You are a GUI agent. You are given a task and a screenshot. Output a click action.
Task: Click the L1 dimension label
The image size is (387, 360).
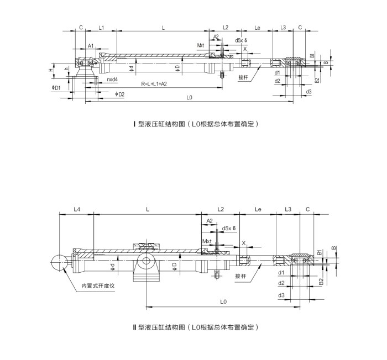(x=101, y=27)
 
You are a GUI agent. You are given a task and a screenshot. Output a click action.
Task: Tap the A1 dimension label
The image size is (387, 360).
(x=91, y=46)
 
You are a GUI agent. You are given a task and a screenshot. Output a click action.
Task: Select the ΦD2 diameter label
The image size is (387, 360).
(x=119, y=94)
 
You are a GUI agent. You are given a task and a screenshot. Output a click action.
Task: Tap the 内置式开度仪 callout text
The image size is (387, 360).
(x=97, y=285)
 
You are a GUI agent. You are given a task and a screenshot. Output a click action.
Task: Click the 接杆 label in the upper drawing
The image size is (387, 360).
(x=243, y=77)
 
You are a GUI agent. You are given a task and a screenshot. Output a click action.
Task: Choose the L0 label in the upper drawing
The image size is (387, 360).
(x=189, y=98)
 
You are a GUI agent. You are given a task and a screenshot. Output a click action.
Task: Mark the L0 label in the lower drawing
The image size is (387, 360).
(x=224, y=301)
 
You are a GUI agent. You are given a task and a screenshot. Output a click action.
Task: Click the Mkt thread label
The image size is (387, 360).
(x=201, y=45)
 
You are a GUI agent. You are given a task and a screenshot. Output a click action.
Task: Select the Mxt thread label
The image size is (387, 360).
(x=207, y=241)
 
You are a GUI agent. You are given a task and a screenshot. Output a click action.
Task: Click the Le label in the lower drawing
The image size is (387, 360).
(x=258, y=209)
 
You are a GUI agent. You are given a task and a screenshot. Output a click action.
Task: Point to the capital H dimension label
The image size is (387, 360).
(x=51, y=70)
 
